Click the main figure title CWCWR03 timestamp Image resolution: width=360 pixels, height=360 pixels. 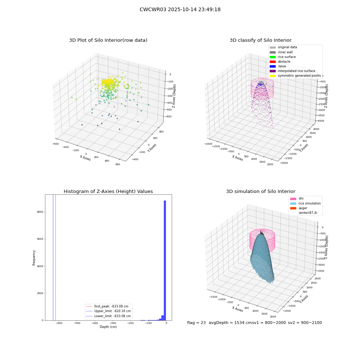180,10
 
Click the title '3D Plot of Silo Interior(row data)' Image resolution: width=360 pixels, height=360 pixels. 108,40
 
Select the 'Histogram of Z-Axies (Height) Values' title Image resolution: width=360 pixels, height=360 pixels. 108,192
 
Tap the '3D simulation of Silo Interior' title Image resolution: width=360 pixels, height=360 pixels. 261,192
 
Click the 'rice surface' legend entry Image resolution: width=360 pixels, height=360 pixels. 283,57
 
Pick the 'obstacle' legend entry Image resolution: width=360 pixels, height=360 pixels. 280,62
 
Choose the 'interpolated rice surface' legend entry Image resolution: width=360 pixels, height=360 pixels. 292,71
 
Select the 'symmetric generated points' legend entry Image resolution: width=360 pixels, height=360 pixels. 295,76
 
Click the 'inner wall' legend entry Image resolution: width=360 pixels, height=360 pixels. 281,52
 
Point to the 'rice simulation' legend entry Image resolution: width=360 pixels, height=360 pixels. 305,203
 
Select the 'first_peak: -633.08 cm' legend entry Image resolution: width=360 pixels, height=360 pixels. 107,306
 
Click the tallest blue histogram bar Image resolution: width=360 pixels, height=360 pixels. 165,260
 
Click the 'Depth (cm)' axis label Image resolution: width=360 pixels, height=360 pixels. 108,327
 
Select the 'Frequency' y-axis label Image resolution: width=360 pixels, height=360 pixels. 34,258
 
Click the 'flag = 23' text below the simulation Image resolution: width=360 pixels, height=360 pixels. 196,323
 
